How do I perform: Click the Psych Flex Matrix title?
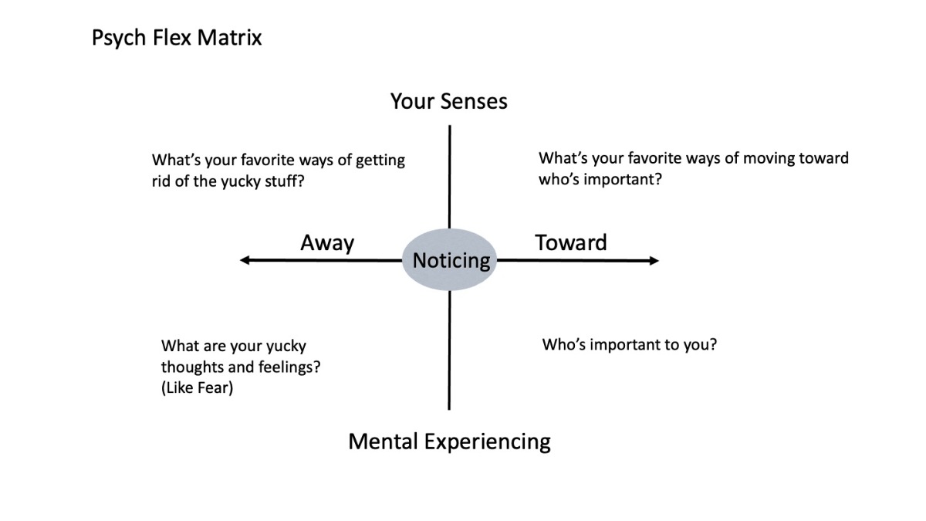click(x=177, y=39)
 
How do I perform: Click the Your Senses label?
click(x=448, y=101)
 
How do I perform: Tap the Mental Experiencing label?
click(x=449, y=441)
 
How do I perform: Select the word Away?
click(x=327, y=243)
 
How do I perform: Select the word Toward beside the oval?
click(x=571, y=242)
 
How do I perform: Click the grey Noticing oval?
click(x=451, y=260)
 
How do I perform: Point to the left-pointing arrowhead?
click(x=245, y=261)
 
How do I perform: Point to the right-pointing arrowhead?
click(x=654, y=261)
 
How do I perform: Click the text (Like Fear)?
click(x=197, y=388)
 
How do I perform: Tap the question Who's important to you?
click(x=630, y=344)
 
